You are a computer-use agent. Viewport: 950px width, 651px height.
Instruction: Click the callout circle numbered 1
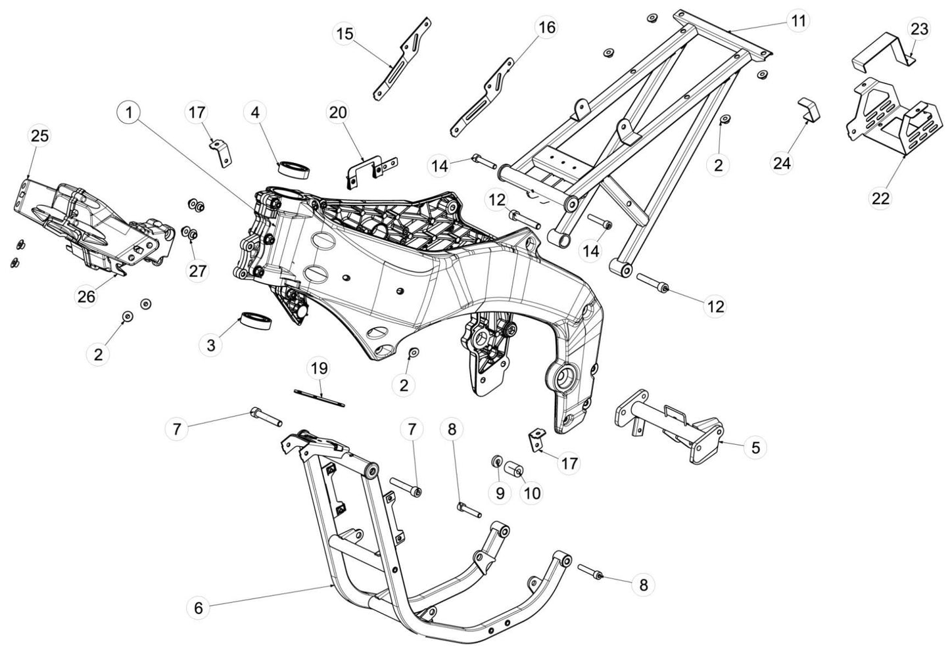(129, 113)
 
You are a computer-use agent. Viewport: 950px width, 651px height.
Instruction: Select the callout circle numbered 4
(255, 113)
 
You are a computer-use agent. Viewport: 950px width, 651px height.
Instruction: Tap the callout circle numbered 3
(211, 345)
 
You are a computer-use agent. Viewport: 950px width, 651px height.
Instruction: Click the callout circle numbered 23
(920, 30)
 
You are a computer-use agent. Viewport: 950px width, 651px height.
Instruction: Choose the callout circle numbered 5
(755, 447)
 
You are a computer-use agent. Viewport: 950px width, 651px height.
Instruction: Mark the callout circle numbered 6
(199, 608)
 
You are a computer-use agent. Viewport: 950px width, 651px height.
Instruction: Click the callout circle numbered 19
(319, 369)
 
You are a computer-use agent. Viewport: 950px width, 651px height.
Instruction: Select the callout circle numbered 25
(39, 136)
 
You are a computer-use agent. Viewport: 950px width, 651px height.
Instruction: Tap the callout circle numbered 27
(198, 271)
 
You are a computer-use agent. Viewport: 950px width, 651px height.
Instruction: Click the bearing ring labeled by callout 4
(294, 169)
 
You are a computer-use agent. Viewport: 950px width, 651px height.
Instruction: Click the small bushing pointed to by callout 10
(513, 470)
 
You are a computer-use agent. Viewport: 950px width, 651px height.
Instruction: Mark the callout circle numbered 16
(547, 28)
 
